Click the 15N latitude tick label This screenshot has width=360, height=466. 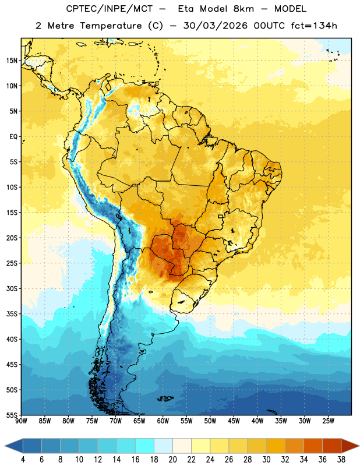(12, 61)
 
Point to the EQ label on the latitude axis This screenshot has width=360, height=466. (13, 137)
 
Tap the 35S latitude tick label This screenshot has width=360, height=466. (12, 314)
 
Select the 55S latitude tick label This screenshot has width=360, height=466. (12, 415)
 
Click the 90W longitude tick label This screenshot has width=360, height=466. (21, 421)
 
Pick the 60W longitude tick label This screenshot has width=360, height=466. (163, 421)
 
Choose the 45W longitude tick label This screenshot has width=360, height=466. (234, 421)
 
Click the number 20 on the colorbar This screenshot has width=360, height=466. (172, 460)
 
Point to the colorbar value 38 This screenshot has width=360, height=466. (341, 460)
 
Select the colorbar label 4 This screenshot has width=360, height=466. (23, 460)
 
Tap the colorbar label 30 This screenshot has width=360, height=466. (266, 460)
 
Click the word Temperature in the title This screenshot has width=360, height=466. (111, 26)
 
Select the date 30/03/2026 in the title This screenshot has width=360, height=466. (215, 26)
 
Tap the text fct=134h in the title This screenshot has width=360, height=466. (314, 26)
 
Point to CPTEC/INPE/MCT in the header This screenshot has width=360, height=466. (109, 9)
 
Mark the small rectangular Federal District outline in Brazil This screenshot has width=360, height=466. (221, 216)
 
